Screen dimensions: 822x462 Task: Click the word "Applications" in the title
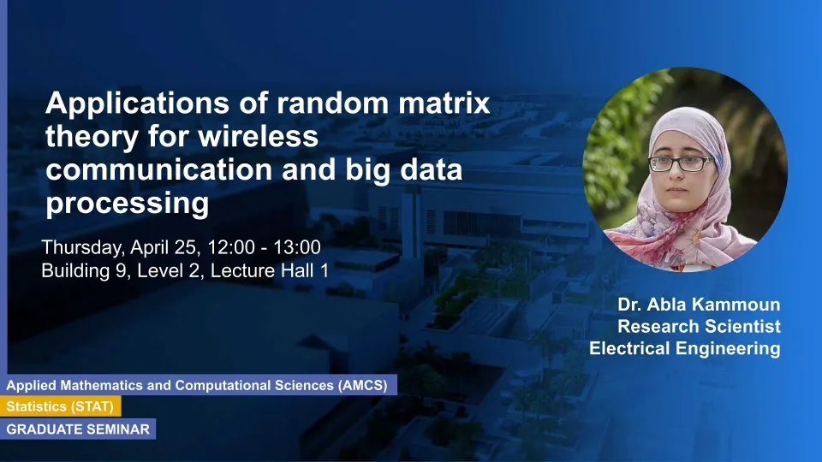pos(137,104)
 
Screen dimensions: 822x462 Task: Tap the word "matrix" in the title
pos(444,103)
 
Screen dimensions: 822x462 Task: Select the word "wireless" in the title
pos(258,136)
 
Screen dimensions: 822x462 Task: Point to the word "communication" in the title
pos(159,169)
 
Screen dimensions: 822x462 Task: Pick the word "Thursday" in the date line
pos(83,248)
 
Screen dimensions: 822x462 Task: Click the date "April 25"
pos(165,248)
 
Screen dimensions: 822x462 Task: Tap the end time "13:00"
pos(297,246)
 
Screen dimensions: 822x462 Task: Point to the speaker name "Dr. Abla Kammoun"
pos(699,305)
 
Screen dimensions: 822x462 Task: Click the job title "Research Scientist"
pos(699,326)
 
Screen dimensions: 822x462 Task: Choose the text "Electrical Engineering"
pos(685,349)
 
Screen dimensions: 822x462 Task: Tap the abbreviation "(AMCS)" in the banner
pos(363,386)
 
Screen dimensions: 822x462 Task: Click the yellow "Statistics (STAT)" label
pos(60,406)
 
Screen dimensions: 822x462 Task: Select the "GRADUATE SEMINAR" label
pos(78,429)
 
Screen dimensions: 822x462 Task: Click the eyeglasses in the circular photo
pos(681,163)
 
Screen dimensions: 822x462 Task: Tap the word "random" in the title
pos(335,103)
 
